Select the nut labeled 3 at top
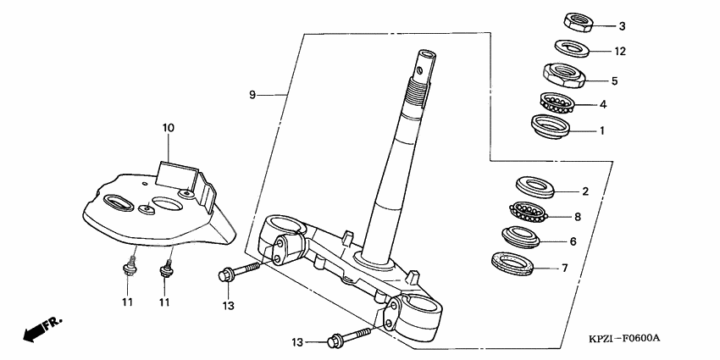click(x=576, y=20)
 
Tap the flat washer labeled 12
click(x=573, y=47)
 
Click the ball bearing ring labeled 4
click(x=556, y=104)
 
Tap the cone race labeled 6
click(x=522, y=236)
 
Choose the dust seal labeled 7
click(x=513, y=264)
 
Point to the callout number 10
click(x=168, y=128)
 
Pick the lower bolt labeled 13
click(x=347, y=340)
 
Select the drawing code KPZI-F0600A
click(x=623, y=339)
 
